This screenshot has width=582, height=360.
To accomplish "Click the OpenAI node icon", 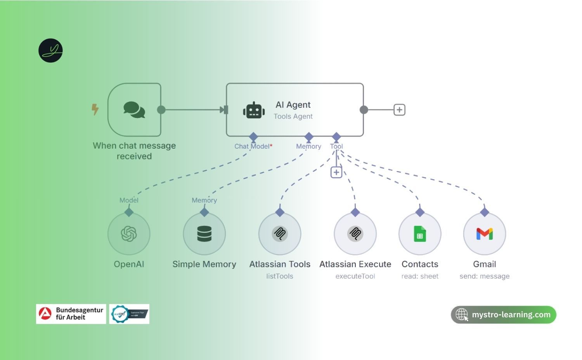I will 129,234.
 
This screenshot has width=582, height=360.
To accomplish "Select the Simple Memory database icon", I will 204,234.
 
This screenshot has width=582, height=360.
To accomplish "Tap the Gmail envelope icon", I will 485,234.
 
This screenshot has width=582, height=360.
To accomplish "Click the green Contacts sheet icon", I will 420,234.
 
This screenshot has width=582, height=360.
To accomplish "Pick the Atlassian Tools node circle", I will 280,234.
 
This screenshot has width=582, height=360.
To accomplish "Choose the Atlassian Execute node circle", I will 355,234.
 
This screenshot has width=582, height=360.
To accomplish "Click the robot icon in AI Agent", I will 254,111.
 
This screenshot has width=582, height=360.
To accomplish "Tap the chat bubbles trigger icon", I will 134,110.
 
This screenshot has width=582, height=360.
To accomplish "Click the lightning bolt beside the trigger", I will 95,109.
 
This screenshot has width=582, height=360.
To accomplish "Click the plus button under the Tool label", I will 336,172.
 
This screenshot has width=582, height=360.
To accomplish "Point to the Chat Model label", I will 252,146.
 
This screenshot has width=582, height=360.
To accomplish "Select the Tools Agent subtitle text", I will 293,116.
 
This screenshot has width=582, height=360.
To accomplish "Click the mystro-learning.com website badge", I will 503,315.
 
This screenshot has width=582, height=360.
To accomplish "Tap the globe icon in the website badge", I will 462,315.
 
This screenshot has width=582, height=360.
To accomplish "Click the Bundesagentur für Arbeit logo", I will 71,314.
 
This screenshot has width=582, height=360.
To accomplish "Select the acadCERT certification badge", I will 129,314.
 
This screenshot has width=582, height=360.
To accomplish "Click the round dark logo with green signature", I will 50,50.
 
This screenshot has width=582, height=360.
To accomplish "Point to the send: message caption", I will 484,276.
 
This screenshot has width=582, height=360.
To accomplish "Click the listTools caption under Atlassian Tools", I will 280,276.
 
